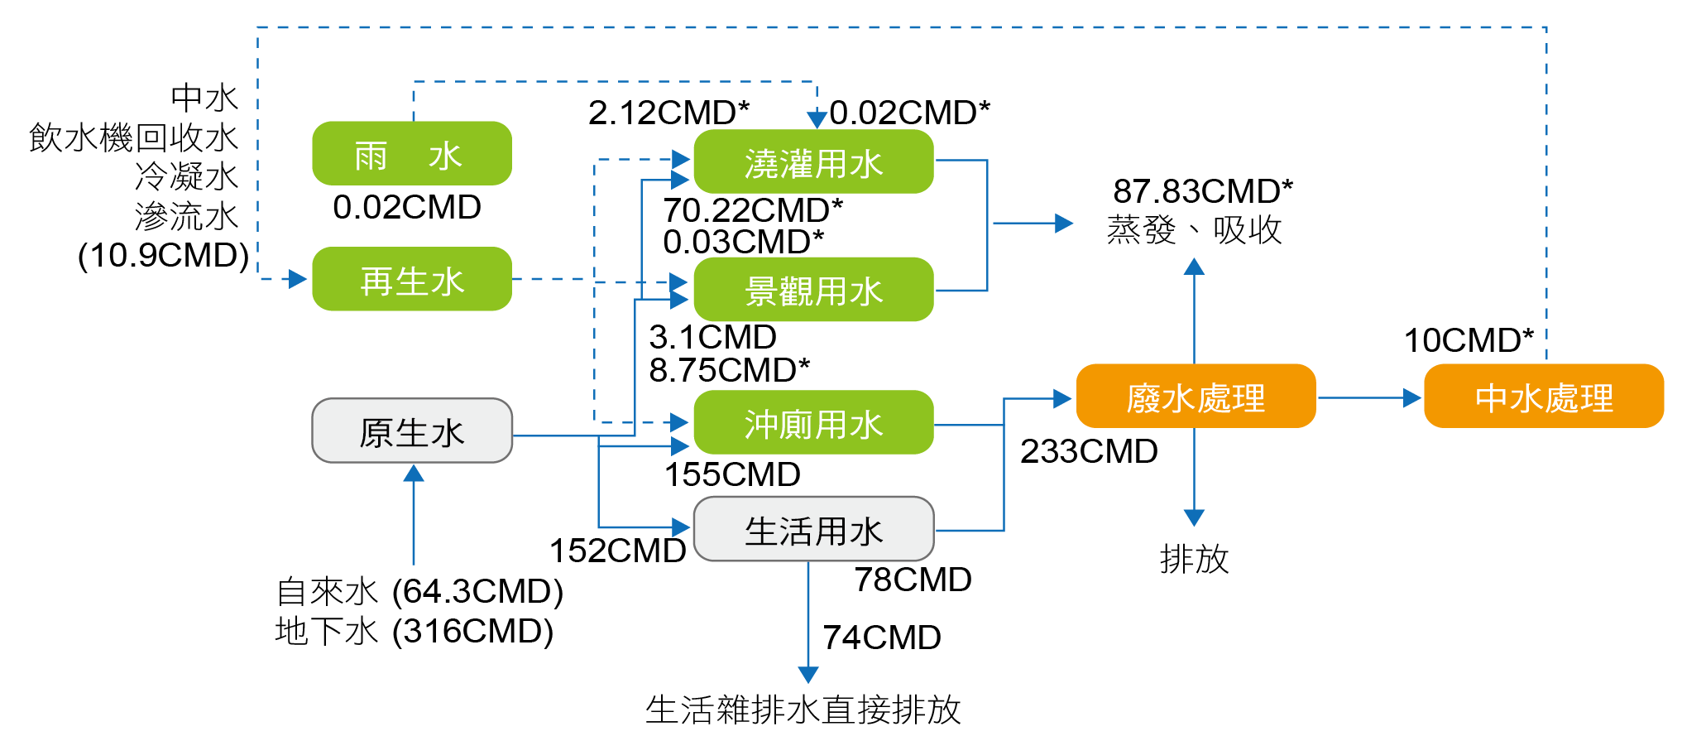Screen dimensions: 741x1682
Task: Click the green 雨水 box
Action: pyautogui.click(x=411, y=154)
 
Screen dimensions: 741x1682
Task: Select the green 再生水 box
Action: pyautogui.click(x=411, y=280)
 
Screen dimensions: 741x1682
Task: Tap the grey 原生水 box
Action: pyautogui.click(x=411, y=431)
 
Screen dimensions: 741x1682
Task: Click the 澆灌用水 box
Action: pyautogui.click(x=813, y=162)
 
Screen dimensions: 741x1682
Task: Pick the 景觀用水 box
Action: pyautogui.click(x=813, y=290)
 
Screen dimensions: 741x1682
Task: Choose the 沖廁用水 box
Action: pyautogui.click(x=813, y=423)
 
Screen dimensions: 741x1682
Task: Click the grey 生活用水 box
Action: pyautogui.click(x=813, y=530)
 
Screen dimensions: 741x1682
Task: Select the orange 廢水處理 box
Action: pyautogui.click(x=1196, y=397)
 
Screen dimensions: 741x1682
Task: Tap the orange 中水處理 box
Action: pyautogui.click(x=1543, y=397)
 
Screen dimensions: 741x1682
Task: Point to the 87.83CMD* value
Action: pyautogui.click(x=1202, y=191)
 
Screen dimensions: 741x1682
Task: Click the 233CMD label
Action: pyautogui.click(x=1088, y=451)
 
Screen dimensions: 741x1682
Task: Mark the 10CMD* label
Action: pyautogui.click(x=1469, y=340)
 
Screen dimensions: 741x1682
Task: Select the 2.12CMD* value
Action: pyautogui.click(x=668, y=113)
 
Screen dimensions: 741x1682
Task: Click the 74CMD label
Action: pyautogui.click(x=881, y=638)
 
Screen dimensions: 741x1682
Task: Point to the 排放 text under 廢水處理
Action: pyautogui.click(x=1194, y=559)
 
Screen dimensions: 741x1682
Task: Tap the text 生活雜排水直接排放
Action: pyautogui.click(x=803, y=710)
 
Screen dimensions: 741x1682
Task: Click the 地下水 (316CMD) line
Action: pyautogui.click(x=414, y=632)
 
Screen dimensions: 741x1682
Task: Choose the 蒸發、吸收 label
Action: pyautogui.click(x=1194, y=230)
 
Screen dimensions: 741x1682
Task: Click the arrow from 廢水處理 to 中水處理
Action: pyautogui.click(x=1369, y=398)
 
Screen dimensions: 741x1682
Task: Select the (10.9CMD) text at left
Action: pyautogui.click(x=163, y=255)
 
